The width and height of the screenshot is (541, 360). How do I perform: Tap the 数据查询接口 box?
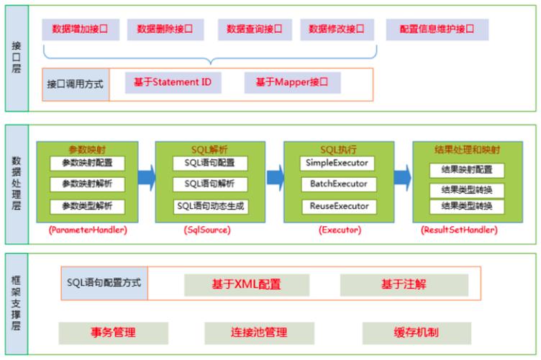click(x=249, y=30)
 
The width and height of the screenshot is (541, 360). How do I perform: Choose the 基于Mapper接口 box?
click(x=291, y=83)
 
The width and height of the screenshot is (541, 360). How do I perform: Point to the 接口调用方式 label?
click(x=75, y=84)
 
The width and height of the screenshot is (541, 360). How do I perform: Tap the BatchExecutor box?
click(x=338, y=184)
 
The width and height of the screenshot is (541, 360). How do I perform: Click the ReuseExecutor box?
click(x=338, y=207)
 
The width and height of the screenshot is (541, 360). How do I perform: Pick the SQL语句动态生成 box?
click(x=210, y=207)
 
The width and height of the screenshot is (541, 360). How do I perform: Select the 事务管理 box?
click(x=113, y=332)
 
